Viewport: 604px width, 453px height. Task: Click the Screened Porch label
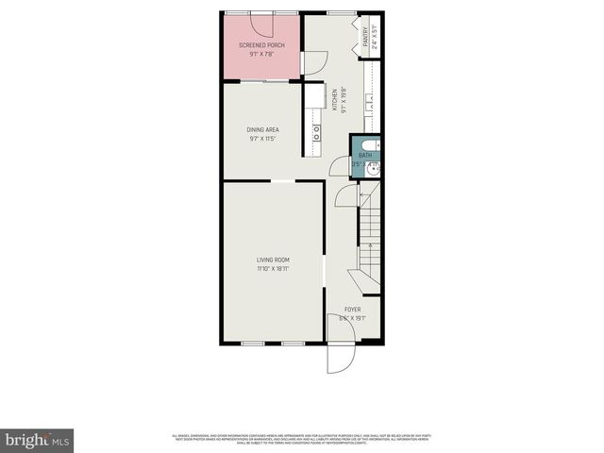tap(262, 45)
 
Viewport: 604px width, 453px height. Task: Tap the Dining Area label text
tap(262, 129)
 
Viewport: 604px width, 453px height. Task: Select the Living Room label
tap(273, 260)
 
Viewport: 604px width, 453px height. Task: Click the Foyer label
tap(352, 310)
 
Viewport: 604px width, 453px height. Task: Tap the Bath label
tap(364, 156)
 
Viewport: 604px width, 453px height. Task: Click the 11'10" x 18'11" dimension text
tap(273, 269)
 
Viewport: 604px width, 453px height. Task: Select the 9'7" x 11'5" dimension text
tap(262, 139)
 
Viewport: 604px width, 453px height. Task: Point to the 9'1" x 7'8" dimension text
tap(262, 54)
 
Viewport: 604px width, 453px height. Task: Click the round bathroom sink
tap(375, 170)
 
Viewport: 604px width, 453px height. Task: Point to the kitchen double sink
tap(315, 133)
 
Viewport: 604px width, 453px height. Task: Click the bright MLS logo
tap(38, 440)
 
